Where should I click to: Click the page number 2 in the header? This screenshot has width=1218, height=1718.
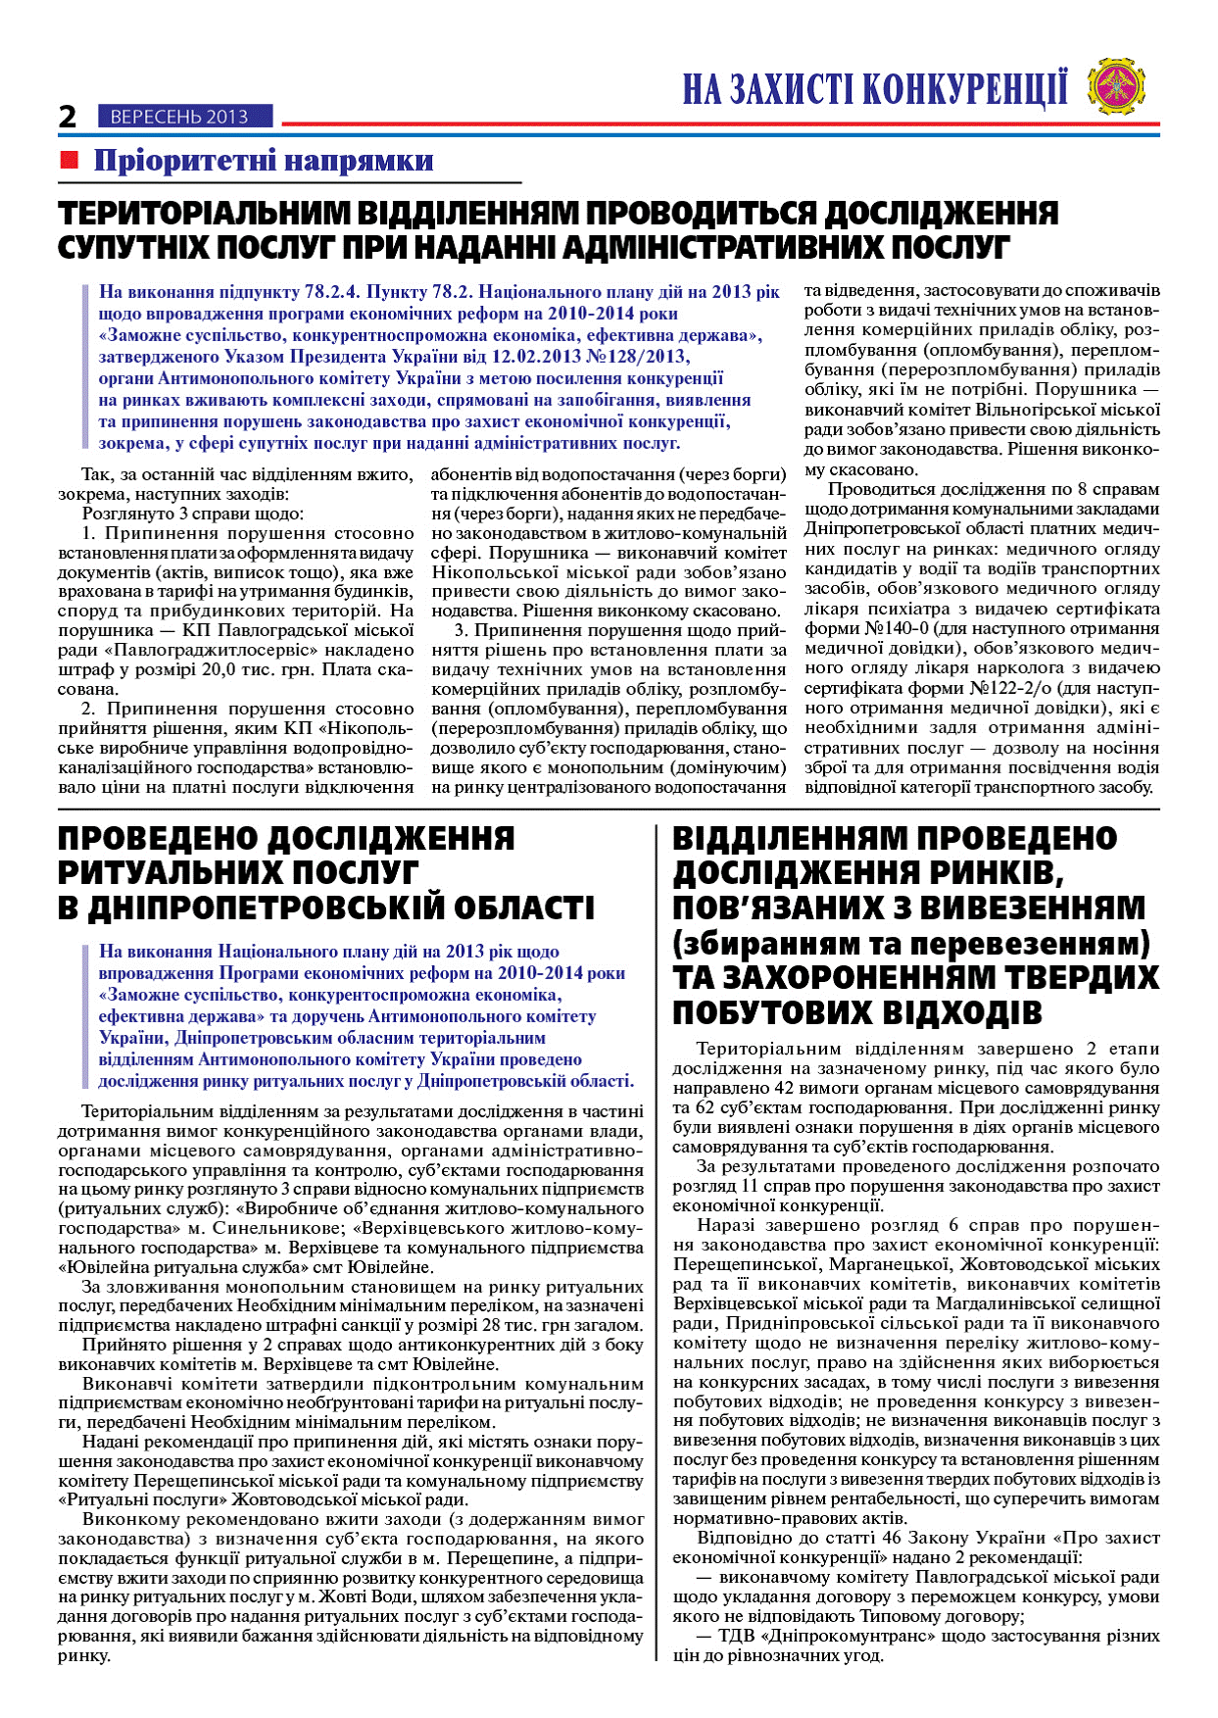pyautogui.click(x=68, y=117)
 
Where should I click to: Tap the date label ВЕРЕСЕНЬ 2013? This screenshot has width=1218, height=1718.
pyautogui.click(x=179, y=117)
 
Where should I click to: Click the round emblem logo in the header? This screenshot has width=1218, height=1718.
pyautogui.click(x=1118, y=85)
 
